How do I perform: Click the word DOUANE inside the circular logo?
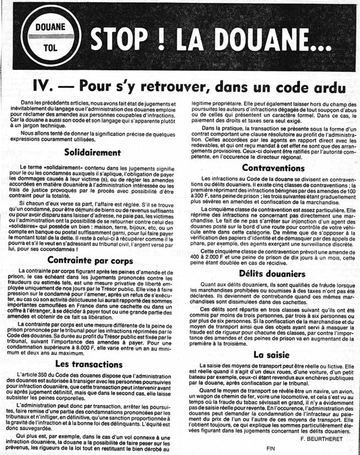click(x=50, y=26)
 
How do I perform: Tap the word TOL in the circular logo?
click(x=50, y=48)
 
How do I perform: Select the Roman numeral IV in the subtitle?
click(x=45, y=87)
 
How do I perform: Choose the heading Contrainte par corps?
click(x=92, y=261)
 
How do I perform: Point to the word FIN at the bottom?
click(x=270, y=449)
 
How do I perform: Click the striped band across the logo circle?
click(x=50, y=37)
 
